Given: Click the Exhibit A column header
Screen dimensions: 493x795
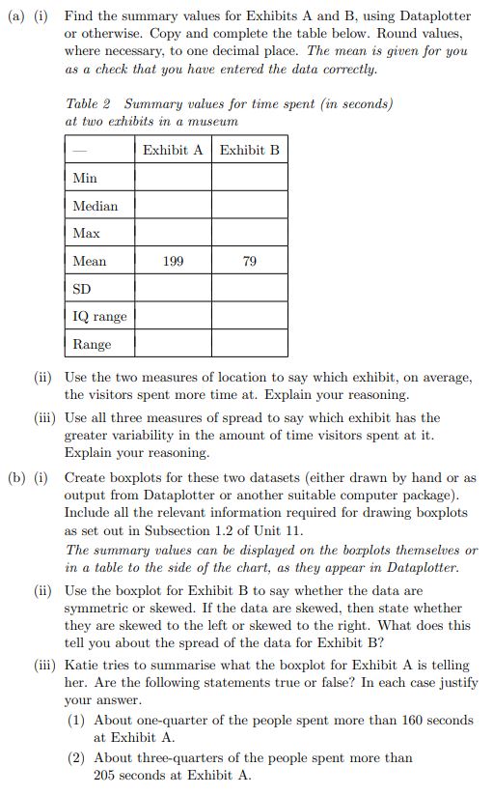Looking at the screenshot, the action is pyautogui.click(x=173, y=150).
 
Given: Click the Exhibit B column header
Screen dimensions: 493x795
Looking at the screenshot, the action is pyautogui.click(x=250, y=150).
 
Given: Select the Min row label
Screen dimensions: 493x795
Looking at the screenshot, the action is pyautogui.click(x=85, y=178).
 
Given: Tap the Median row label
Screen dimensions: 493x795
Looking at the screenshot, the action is pyautogui.click(x=96, y=206).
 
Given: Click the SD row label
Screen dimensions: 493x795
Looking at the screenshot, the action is pyautogui.click(x=83, y=289).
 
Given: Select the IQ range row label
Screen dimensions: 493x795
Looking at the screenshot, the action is pyautogui.click(x=99, y=316).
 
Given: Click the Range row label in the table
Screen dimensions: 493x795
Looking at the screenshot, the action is pyautogui.click(x=93, y=344).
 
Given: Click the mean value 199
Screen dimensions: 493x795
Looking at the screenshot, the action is pyautogui.click(x=173, y=261).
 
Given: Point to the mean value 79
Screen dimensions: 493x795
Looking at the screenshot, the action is pyautogui.click(x=250, y=261).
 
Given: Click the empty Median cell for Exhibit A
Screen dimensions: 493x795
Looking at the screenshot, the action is pyautogui.click(x=173, y=206).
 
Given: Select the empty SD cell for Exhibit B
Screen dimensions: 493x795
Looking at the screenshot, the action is pyautogui.click(x=250, y=289).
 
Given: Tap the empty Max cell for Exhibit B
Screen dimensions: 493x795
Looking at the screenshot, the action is pyautogui.click(x=250, y=233).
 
